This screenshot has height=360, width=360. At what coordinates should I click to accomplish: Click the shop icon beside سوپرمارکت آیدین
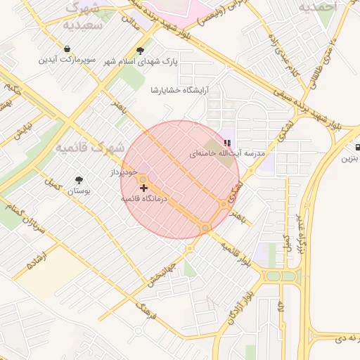(x=67, y=49)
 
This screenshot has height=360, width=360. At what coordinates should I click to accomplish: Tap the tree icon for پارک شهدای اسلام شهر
(x=141, y=50)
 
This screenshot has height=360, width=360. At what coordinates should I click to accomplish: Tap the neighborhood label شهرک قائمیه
(x=89, y=148)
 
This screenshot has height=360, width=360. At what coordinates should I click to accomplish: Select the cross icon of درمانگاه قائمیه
(x=144, y=188)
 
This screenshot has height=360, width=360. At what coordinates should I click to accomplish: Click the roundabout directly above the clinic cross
(x=143, y=179)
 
